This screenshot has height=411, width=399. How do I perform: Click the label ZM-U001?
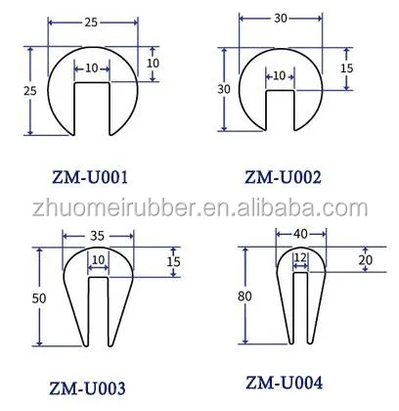click(x=90, y=177)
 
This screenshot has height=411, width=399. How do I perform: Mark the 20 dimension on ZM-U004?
click(x=365, y=260)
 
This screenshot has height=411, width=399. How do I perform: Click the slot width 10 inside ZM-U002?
click(x=279, y=75)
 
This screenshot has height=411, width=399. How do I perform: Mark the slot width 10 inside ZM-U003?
click(x=98, y=259)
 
